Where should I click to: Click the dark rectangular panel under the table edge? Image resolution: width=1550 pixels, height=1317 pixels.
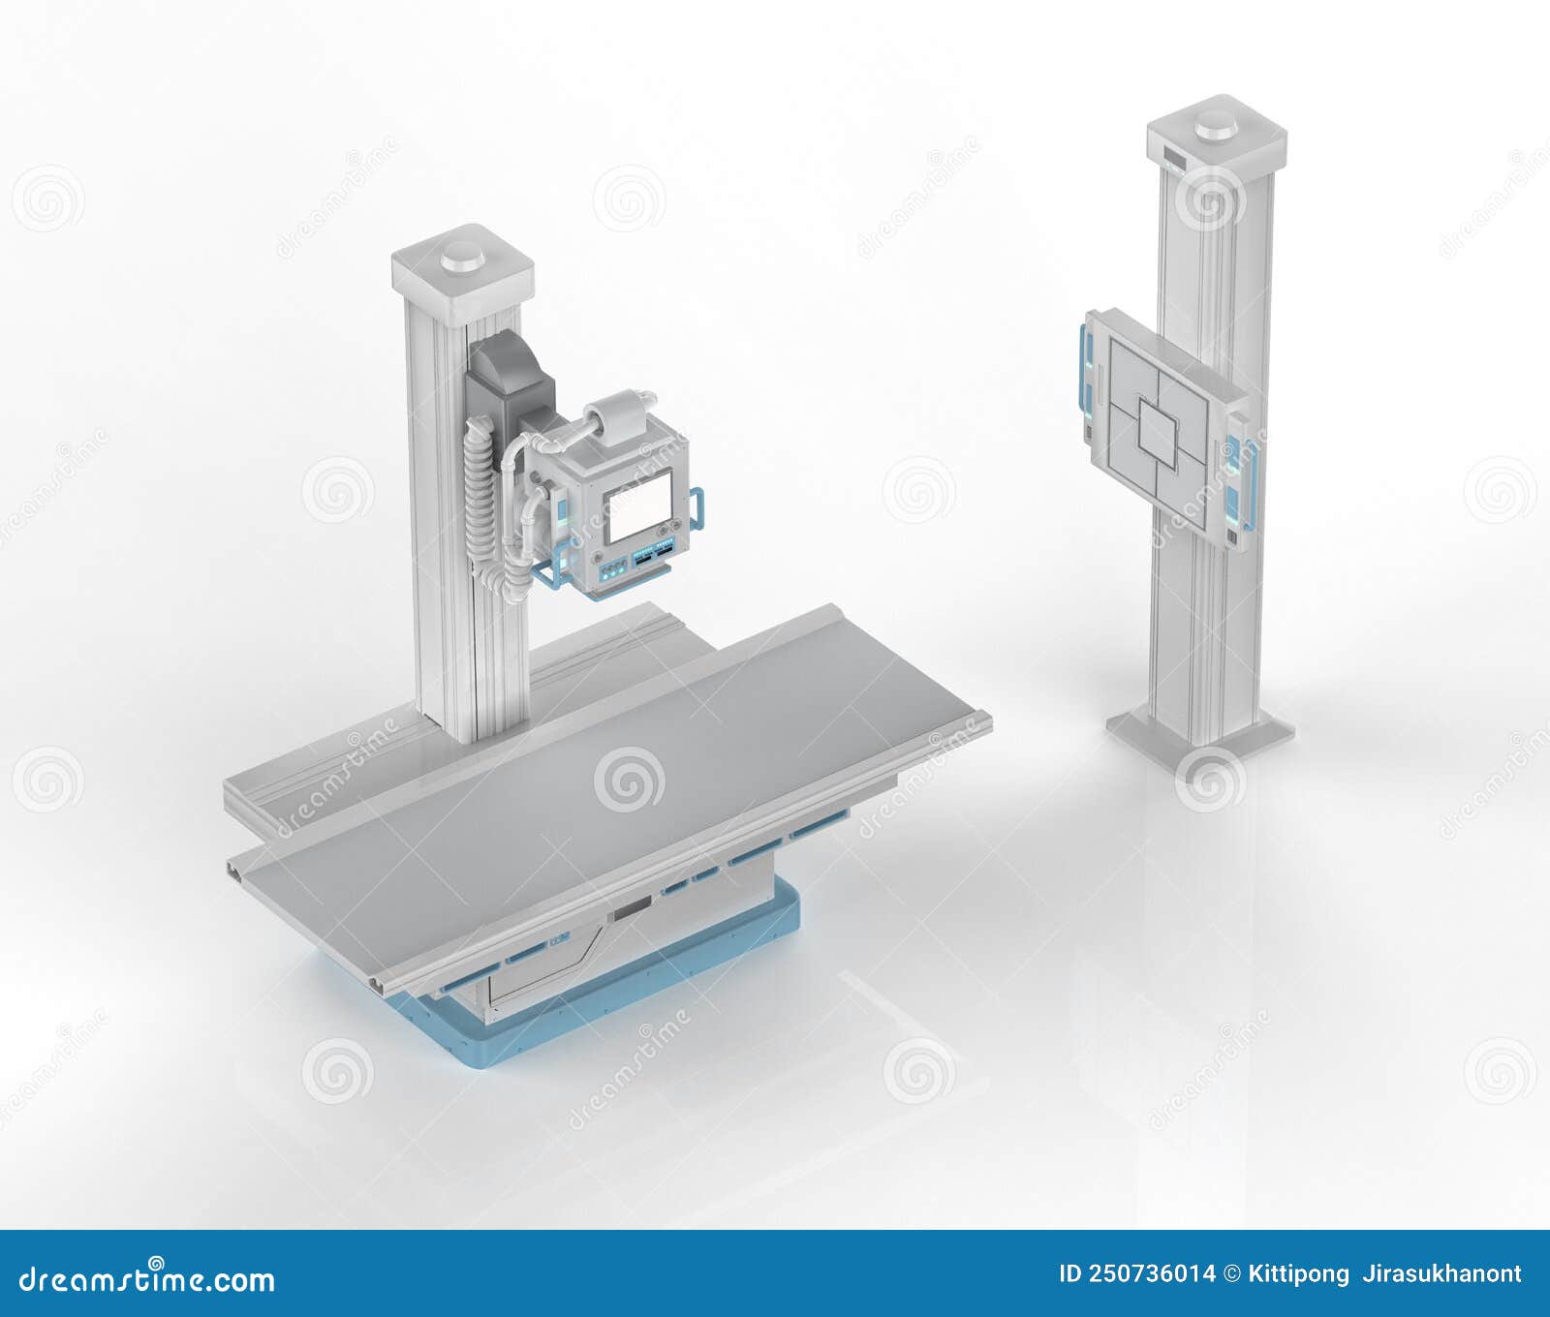tap(635, 906)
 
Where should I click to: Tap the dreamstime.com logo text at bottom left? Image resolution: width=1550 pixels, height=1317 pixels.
tap(147, 1278)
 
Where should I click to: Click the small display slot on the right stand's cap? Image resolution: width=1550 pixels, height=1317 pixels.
tap(1174, 156)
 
